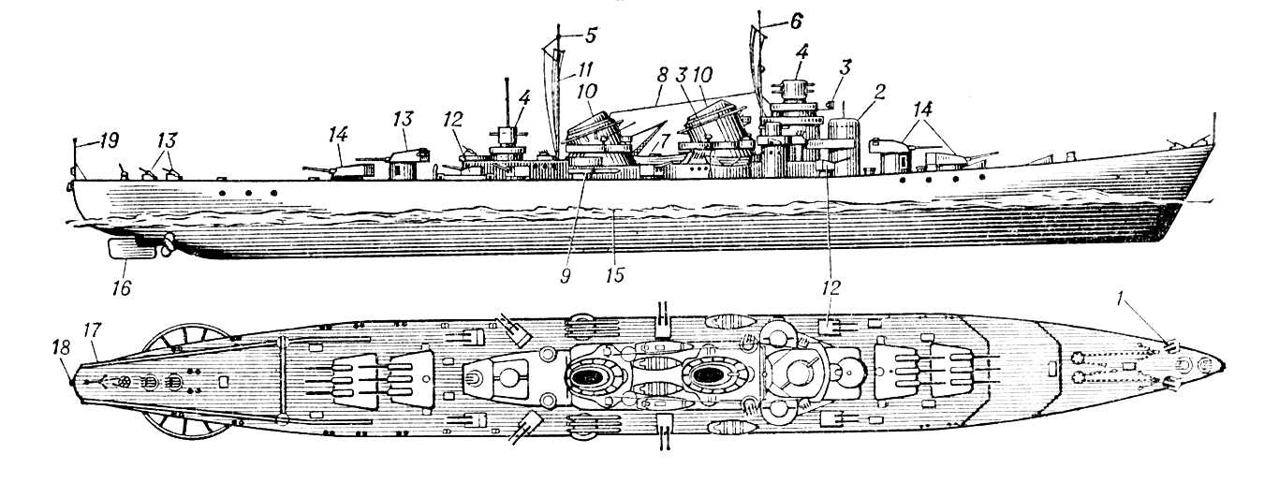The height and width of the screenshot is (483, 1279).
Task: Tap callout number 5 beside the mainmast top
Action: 590,37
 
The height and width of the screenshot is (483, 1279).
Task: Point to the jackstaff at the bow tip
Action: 1213,125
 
